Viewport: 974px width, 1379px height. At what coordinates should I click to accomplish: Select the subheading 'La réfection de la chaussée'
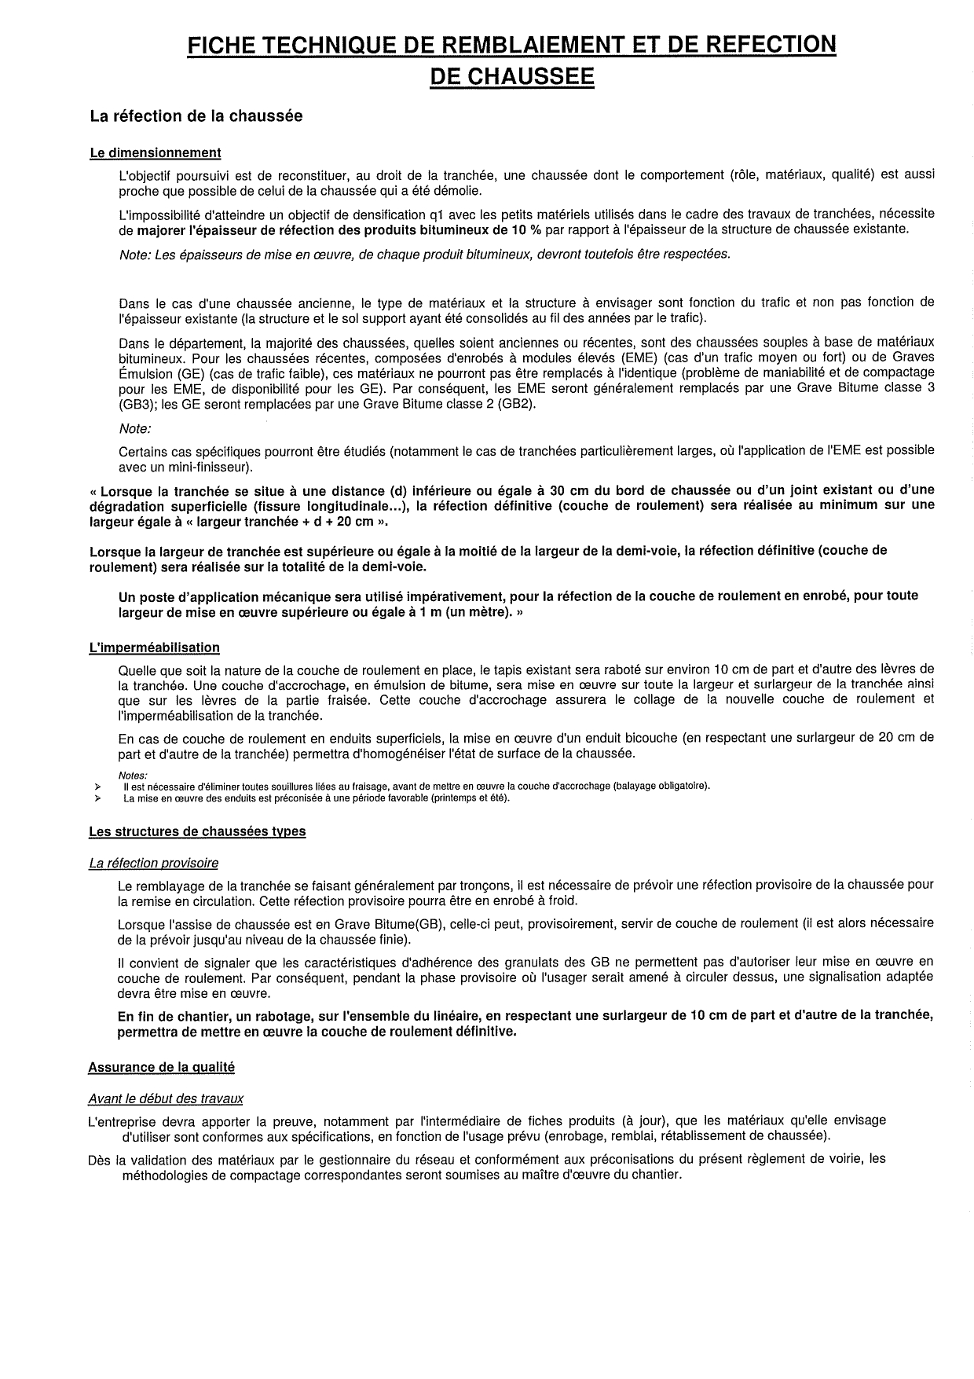196,116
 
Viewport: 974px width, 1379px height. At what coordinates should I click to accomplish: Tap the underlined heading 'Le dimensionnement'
156,152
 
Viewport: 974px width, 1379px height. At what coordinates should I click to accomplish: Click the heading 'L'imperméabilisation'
154,647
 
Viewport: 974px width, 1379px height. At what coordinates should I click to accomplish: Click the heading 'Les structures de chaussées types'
197,831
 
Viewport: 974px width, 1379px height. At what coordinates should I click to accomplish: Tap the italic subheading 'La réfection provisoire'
154,864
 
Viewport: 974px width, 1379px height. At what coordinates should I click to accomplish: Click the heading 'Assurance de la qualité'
161,1067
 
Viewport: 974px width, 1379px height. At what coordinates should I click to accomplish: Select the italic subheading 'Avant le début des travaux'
166,1098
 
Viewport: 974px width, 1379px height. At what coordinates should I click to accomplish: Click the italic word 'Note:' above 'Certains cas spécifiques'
134,429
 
